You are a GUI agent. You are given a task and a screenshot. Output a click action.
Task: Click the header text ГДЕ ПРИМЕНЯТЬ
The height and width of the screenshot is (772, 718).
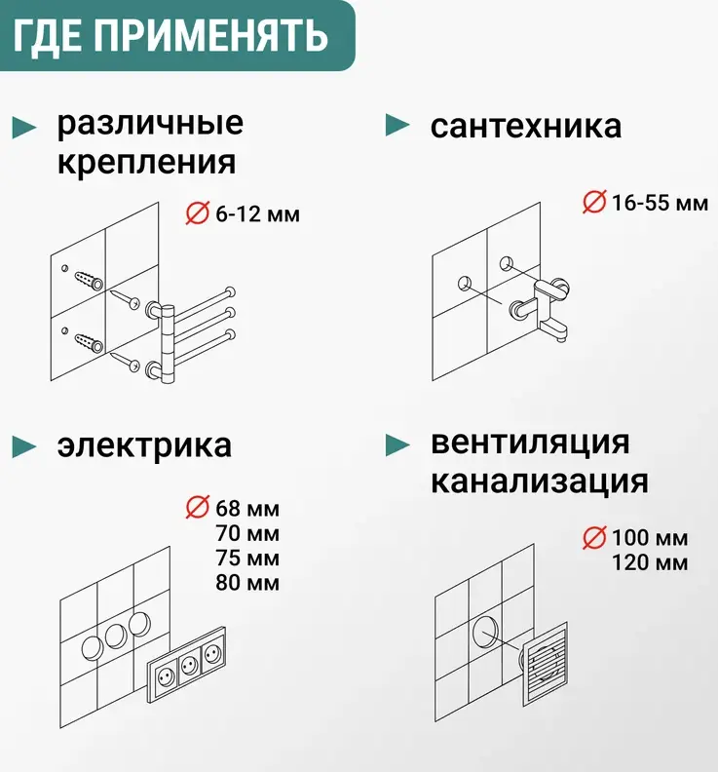click(x=170, y=35)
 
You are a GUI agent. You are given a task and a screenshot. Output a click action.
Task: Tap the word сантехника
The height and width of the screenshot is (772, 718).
click(x=525, y=126)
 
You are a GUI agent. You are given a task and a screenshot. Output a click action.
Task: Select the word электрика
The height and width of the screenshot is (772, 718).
click(x=144, y=445)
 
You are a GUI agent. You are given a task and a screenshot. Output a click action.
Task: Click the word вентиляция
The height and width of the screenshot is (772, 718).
click(x=530, y=444)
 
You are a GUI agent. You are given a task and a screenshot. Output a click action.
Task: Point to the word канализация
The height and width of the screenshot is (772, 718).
click(x=540, y=482)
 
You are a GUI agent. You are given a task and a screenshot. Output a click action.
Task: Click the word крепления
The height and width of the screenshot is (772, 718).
click(x=147, y=163)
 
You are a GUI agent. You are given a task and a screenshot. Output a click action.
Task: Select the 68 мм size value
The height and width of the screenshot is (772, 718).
click(x=247, y=509)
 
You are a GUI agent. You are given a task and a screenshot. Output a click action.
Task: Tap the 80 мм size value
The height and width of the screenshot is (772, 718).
click(x=247, y=583)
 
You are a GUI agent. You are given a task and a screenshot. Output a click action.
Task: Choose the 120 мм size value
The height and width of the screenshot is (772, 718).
click(x=650, y=562)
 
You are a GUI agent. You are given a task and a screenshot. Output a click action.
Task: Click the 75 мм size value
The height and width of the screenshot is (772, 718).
click(x=247, y=558)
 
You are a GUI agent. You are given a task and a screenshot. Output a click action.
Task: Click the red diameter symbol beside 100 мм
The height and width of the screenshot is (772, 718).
click(x=594, y=537)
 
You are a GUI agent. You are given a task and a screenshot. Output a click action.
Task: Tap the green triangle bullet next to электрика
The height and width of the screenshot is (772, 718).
click(x=24, y=447)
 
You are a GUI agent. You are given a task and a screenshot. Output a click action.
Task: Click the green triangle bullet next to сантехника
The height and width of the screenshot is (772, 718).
click(x=397, y=125)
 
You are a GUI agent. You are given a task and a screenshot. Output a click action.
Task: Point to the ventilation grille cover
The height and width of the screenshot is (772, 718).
click(x=546, y=663)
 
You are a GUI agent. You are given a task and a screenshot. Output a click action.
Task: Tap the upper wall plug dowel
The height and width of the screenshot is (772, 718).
click(x=89, y=281)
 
